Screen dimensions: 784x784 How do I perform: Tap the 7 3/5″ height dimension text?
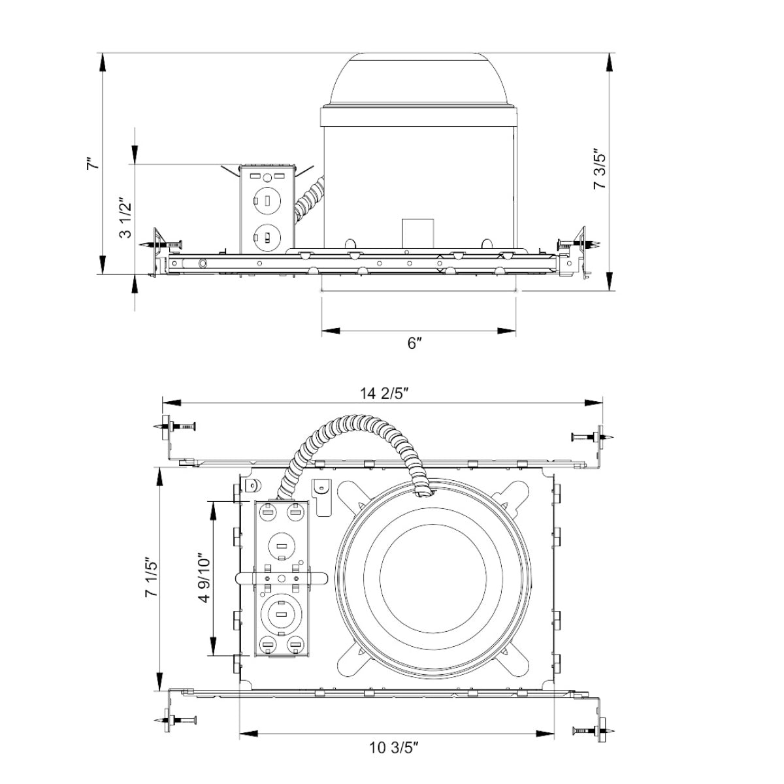[600, 168]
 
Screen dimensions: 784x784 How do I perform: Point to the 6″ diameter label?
[414, 344]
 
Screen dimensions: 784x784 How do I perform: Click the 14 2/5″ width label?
[384, 394]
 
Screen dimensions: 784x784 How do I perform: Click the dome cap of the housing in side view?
[418, 80]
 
